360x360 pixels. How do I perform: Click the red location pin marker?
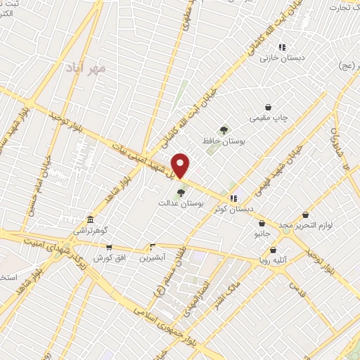[181, 165]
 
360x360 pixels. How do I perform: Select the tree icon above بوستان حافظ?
[224, 129]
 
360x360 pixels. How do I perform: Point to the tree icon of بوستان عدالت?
[181, 192]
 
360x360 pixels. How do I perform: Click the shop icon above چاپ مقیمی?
[269, 107]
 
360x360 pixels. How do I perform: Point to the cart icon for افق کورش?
[108, 247]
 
